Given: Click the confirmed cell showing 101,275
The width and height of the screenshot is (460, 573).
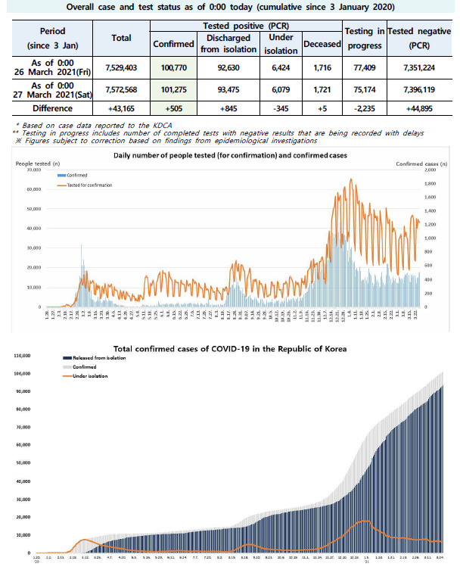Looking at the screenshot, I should pos(174,91).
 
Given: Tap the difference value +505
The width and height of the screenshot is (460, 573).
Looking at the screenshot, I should pos(174,108).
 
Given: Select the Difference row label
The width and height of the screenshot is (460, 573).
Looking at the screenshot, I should pos(52,108).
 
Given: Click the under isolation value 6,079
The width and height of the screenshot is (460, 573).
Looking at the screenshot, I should pos(281,91).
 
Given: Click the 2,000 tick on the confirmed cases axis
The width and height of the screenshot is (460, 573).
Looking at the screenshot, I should pos(430,170).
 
